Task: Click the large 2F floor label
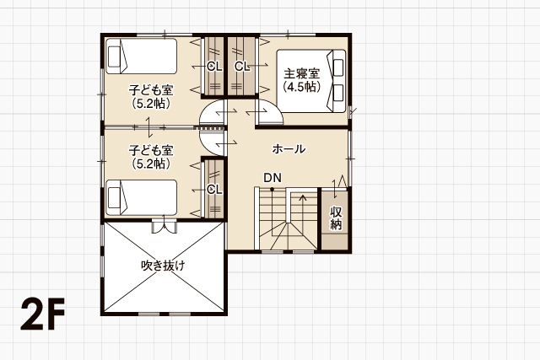[x=43, y=314]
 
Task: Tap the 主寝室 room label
[x=302, y=73]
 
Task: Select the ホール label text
[x=289, y=149]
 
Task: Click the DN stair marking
[x=273, y=178]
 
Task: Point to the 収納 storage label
[x=336, y=218]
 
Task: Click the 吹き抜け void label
[x=163, y=266]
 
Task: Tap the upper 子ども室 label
[x=151, y=90]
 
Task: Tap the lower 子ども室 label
[x=151, y=150]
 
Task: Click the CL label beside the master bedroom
[x=242, y=66]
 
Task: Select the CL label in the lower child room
[x=214, y=189]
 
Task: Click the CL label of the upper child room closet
[x=214, y=66]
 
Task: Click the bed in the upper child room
[x=141, y=56]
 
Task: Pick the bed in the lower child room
[x=141, y=197]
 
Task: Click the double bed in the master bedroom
[x=311, y=81]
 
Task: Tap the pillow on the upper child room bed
[x=115, y=56]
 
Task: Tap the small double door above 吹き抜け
[x=164, y=224]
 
